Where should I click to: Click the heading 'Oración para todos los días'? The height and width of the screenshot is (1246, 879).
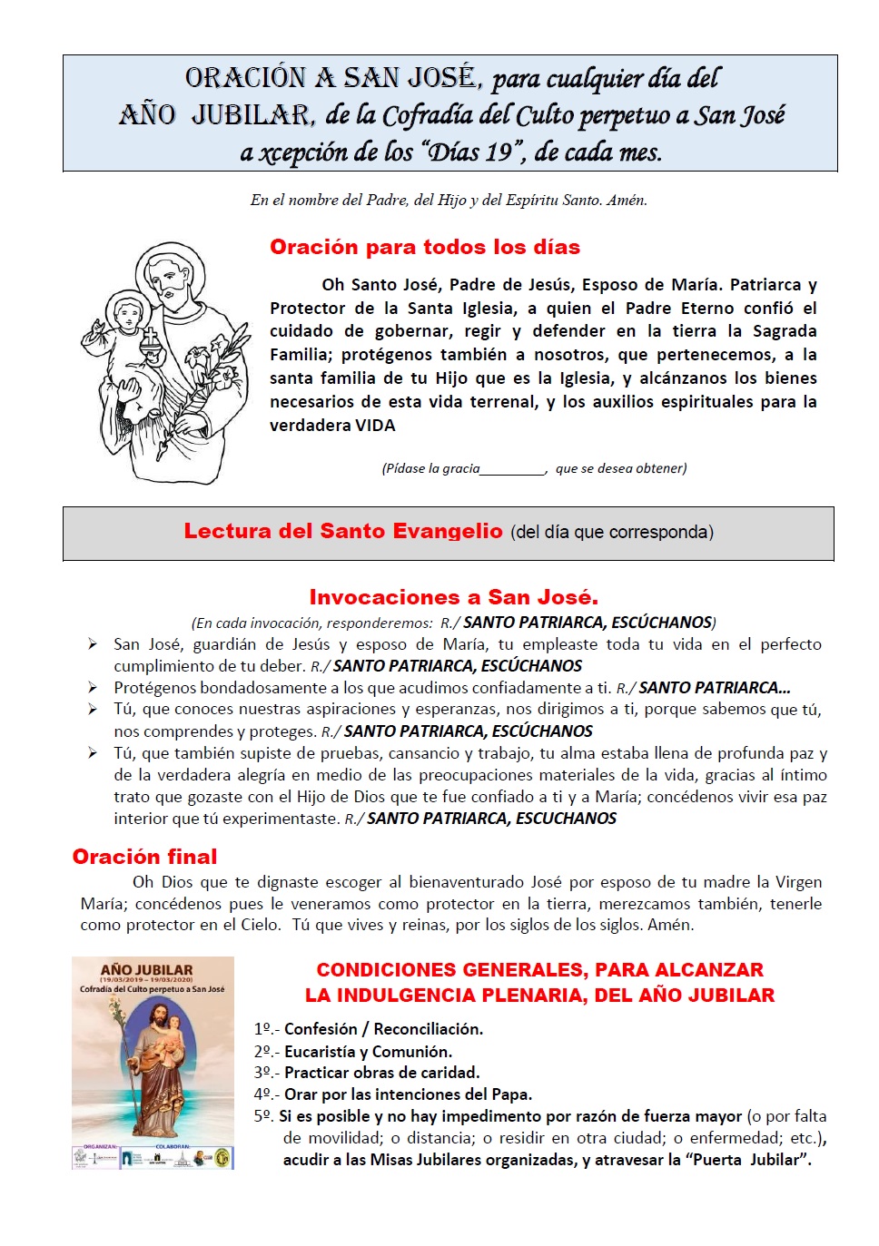click(424, 248)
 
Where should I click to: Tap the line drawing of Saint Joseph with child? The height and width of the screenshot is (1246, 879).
click(171, 363)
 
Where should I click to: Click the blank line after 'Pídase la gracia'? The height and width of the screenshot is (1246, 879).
click(512, 470)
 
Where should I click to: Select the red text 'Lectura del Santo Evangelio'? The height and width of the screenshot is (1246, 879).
click(343, 532)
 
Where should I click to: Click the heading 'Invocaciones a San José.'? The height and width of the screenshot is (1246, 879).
click(453, 597)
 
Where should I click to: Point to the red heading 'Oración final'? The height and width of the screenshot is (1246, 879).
click(144, 857)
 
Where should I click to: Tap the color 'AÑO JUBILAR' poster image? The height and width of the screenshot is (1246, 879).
click(153, 1062)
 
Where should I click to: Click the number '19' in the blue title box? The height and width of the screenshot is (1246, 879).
click(498, 152)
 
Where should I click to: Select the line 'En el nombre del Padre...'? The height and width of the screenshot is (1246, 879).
click(449, 201)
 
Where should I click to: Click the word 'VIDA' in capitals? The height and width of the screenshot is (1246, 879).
click(375, 426)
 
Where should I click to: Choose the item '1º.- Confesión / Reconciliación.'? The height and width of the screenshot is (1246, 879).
click(369, 1029)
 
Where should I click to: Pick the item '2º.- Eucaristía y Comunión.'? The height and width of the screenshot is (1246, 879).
click(353, 1052)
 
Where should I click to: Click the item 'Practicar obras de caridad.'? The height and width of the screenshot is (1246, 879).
click(381, 1073)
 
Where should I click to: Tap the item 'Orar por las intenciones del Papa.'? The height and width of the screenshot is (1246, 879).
click(408, 1094)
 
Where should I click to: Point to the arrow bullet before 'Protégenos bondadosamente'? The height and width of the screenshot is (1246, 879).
click(93, 687)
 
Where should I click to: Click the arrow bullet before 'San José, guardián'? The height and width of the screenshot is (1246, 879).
click(93, 643)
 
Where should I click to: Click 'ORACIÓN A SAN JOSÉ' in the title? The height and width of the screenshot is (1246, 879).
click(331, 79)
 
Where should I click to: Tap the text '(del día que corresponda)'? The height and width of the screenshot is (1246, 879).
click(612, 533)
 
